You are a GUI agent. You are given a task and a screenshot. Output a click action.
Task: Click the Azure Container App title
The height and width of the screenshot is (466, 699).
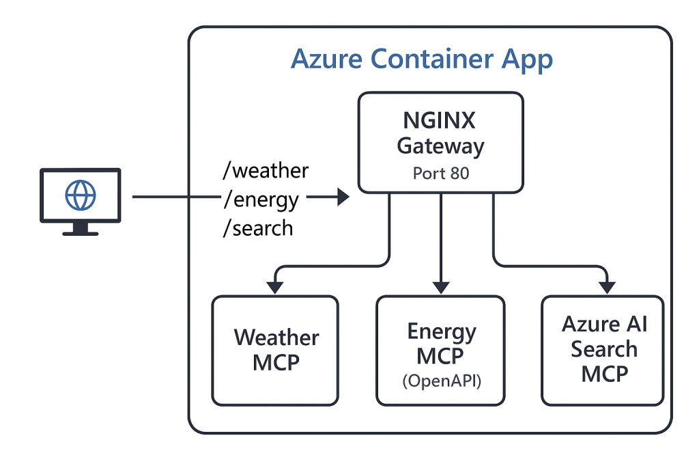click(421, 59)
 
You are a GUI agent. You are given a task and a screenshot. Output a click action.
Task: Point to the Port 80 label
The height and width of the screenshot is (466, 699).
click(441, 174)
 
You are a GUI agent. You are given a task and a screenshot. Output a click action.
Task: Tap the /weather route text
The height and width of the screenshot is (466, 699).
click(266, 170)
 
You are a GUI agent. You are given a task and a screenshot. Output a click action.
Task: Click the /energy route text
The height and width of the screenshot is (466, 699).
click(261, 200)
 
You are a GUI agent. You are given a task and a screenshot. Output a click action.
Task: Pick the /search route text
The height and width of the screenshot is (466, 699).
click(258, 228)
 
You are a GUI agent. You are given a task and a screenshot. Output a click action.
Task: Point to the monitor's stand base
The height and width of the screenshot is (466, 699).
click(80, 232)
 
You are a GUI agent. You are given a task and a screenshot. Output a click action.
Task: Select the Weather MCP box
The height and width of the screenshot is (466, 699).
click(275, 350)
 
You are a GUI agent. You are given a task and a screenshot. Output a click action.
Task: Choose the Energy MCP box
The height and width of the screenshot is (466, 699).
click(440, 350)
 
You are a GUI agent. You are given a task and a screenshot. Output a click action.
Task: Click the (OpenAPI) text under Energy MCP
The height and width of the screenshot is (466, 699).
click(440, 381)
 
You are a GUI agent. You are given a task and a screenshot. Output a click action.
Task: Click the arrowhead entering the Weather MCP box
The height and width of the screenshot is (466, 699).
click(275, 286)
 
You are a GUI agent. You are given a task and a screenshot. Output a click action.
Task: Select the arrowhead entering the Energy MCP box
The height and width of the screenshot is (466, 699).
click(440, 286)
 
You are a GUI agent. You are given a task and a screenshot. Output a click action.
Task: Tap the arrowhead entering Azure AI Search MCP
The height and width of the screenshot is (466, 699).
click(605, 286)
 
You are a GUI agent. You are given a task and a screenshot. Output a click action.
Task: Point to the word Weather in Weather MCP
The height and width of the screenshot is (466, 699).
click(276, 338)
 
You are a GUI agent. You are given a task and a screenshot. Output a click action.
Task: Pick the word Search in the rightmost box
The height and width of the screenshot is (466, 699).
click(604, 349)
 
